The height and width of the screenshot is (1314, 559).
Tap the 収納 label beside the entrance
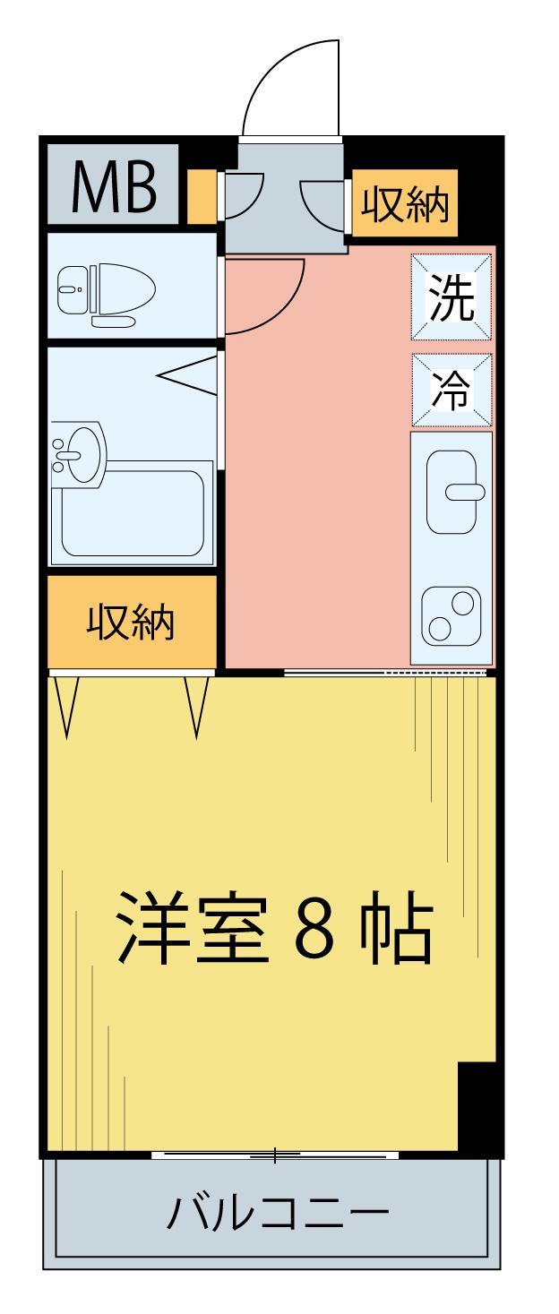[404, 205]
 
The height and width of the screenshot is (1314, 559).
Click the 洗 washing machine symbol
[451, 297]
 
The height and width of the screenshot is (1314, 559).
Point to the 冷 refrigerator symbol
[451, 390]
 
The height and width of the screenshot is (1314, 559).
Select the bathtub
[133, 515]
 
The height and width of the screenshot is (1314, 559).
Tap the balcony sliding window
[275, 1155]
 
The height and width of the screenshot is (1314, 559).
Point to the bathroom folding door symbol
[190, 374]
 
